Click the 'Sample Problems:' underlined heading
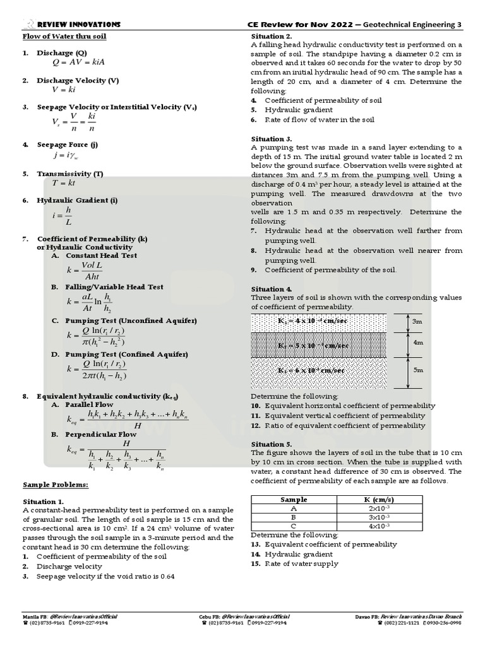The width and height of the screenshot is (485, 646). coord(56,484)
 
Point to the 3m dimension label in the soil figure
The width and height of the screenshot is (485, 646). coord(417,322)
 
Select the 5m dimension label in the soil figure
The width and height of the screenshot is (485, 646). coord(418,370)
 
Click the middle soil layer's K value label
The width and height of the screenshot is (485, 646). coord(313,346)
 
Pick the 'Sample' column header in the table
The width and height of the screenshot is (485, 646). coord(294,499)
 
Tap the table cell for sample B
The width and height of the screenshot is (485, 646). coord(294,517)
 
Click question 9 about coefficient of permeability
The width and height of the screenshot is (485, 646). coord(330,270)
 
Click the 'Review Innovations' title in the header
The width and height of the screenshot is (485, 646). coord(79,25)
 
